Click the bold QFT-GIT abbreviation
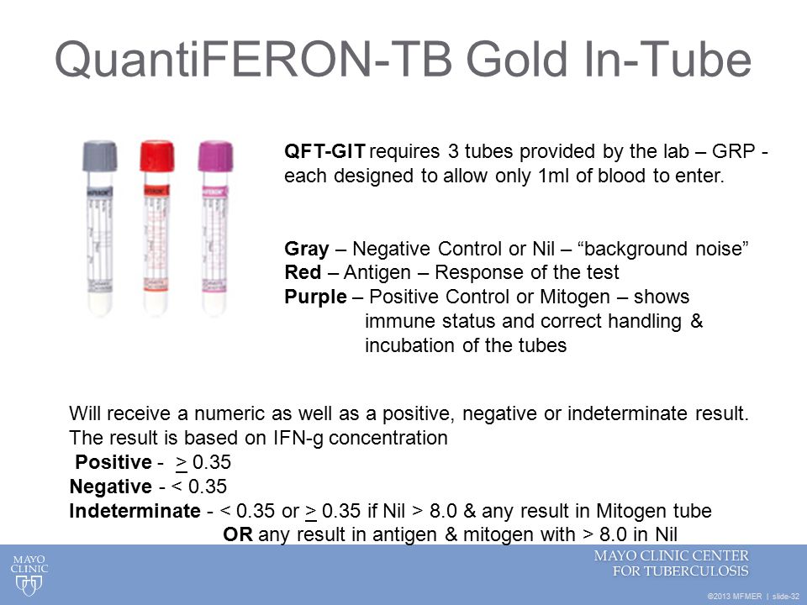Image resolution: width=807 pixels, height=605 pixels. pyautogui.click(x=325, y=153)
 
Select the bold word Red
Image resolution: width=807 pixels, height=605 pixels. pyautogui.click(x=301, y=273)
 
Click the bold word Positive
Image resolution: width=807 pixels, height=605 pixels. pyautogui.click(x=111, y=462)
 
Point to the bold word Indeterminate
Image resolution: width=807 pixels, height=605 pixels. pyautogui.click(x=134, y=511)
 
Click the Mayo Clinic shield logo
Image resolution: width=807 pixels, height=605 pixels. pyautogui.click(x=29, y=585)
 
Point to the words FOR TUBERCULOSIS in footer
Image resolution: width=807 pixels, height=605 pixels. pyautogui.click(x=680, y=571)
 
